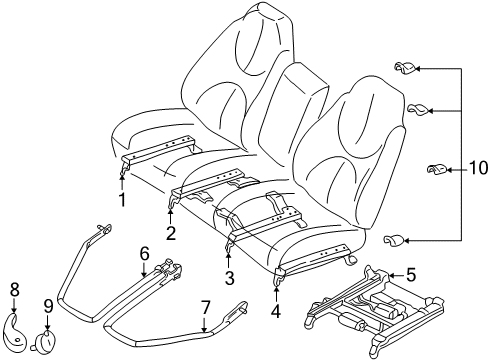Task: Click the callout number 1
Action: [122, 198]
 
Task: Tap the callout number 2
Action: [171, 234]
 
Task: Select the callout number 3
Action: [228, 277]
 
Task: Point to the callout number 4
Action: [275, 310]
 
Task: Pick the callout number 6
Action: [145, 255]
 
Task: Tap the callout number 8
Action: [14, 291]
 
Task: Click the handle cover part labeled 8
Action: [16, 326]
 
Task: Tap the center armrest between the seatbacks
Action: [296, 110]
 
